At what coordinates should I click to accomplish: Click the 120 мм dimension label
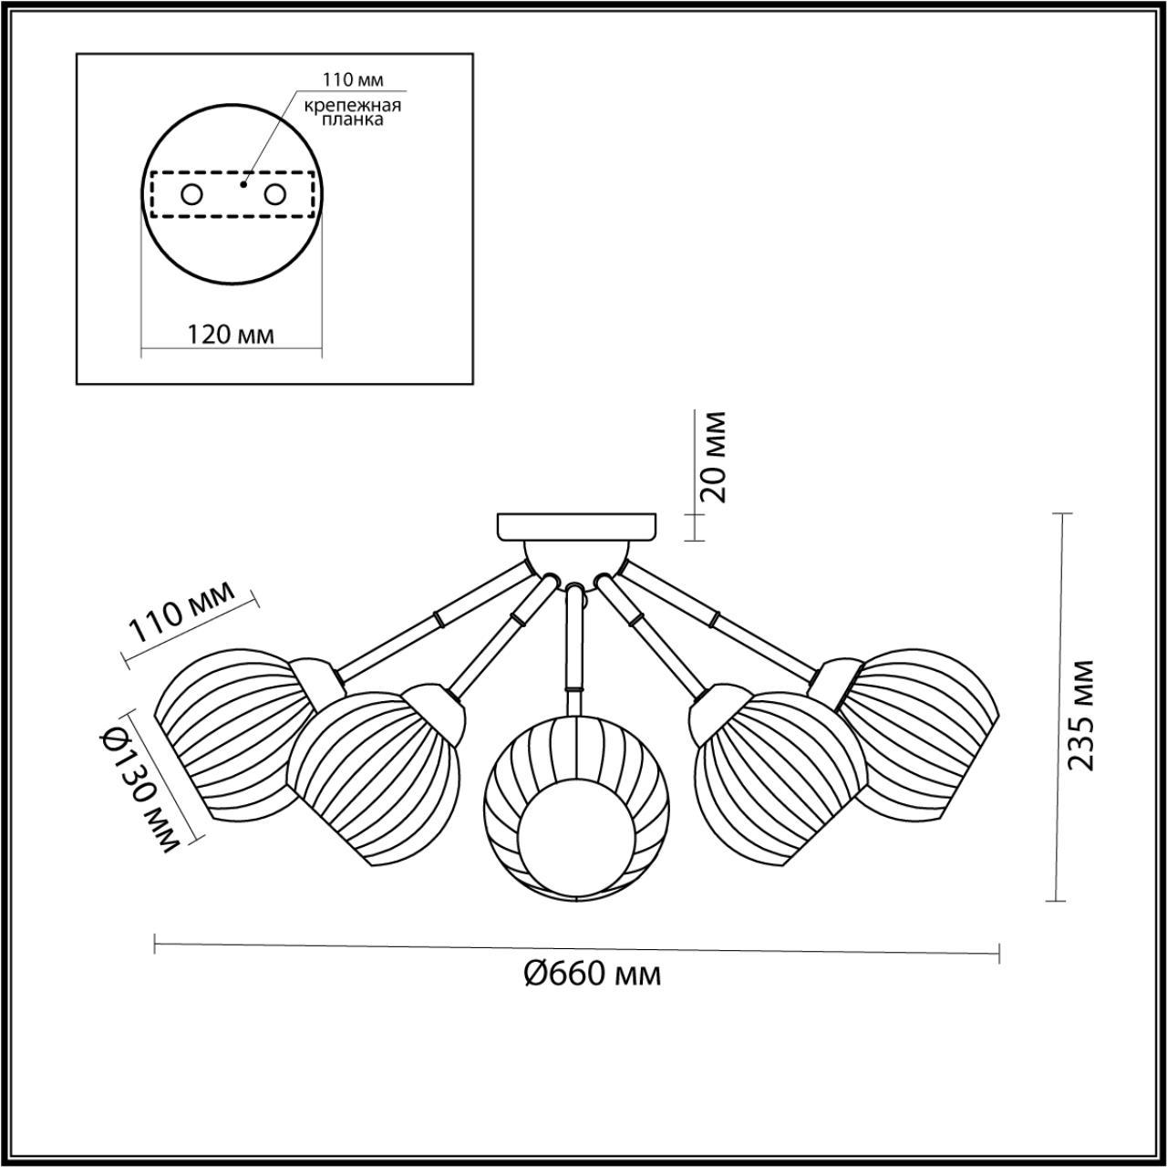[x=231, y=334]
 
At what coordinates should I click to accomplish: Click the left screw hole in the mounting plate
[x=192, y=194]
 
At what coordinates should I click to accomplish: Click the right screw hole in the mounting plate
[x=274, y=194]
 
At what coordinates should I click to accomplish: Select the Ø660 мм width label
[x=593, y=975]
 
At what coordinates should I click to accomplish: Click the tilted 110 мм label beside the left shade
[x=181, y=620]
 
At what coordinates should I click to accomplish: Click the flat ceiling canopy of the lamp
[x=576, y=526]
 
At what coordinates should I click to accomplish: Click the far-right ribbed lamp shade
[x=930, y=720]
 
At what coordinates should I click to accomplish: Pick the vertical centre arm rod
[x=575, y=638]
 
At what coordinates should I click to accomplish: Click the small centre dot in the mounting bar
[x=243, y=184]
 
